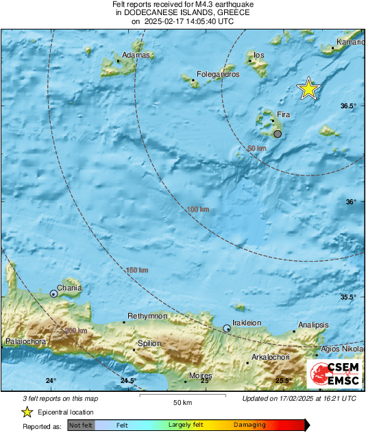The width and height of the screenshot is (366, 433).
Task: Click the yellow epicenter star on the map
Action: click(308, 88)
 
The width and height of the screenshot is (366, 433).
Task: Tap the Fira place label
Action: click(284, 114)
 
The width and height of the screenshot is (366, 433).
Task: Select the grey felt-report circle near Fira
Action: click(278, 134)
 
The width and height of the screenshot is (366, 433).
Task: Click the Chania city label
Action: click(69, 288)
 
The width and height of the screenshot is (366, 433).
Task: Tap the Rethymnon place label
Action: click(146, 315)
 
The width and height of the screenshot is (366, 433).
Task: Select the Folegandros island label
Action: click(218, 74)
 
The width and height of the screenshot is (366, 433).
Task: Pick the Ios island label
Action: click(259, 55)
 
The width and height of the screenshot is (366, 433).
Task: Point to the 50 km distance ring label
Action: click(256, 148)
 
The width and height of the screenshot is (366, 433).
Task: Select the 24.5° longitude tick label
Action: click(128, 381)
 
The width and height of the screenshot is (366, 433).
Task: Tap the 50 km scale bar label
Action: click(182, 401)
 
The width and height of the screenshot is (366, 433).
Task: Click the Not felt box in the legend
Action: click(82, 425)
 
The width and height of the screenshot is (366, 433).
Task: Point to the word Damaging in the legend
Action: click(250, 425)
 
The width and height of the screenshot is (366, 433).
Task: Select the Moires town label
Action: click(200, 376)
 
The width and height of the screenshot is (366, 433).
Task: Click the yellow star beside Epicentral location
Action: click(27, 412)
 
